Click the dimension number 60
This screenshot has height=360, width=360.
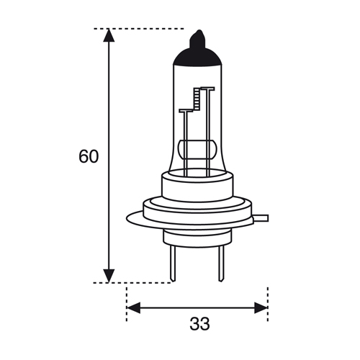(x=89, y=156)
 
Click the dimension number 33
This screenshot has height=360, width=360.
(x=199, y=323)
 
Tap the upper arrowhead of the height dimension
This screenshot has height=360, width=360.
(x=109, y=35)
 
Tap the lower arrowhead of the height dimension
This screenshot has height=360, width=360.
(x=109, y=276)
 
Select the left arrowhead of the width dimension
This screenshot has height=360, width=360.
(x=133, y=307)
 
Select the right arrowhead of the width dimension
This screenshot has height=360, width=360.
(x=261, y=307)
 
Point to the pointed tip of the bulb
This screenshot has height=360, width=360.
(x=199, y=30)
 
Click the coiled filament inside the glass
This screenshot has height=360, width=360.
(x=197, y=98)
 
